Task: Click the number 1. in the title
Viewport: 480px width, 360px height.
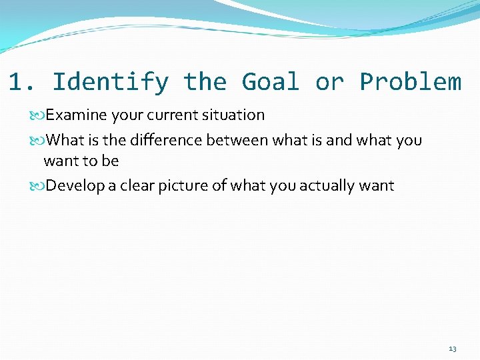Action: coord(23,82)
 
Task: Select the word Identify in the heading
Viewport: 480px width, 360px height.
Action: coord(110,82)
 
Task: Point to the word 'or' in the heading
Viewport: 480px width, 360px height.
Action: coord(329,82)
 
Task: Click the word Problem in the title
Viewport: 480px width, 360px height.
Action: coord(410,82)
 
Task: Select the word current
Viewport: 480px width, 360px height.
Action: coord(170,115)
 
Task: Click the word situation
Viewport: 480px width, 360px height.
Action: coord(232,115)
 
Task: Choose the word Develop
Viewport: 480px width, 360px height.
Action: coord(75,185)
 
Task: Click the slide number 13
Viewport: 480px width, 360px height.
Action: coord(453,349)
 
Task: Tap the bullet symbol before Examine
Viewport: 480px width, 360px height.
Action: coord(38,115)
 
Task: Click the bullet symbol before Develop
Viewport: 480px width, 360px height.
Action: coord(38,186)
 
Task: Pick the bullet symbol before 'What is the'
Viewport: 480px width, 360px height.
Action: coord(38,141)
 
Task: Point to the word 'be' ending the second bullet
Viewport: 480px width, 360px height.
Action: coord(110,161)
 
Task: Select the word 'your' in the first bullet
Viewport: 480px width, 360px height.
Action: coord(126,115)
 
